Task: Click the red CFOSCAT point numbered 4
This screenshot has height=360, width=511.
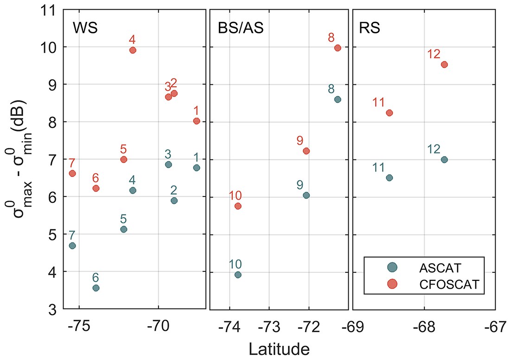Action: [x=133, y=50]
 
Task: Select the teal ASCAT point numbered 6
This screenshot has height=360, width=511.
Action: [x=96, y=288]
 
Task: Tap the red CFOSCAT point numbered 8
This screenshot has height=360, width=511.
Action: [x=338, y=48]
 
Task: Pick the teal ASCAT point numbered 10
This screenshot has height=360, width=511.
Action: [x=238, y=275]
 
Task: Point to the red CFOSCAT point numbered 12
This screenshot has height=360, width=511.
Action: [x=444, y=64]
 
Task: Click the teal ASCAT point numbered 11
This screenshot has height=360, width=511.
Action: [x=390, y=177]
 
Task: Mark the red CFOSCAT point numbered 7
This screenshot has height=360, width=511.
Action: [x=72, y=173]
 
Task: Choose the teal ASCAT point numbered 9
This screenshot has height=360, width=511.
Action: [x=306, y=195]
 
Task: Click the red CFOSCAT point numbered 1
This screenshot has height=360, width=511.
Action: [x=197, y=121]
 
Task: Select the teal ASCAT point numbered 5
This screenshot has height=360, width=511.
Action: [x=124, y=229]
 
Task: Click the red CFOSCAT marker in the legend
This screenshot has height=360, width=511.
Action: [x=393, y=284]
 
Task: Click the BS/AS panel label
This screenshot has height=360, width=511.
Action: [x=241, y=28]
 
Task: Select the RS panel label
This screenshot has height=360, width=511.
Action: [x=370, y=28]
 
